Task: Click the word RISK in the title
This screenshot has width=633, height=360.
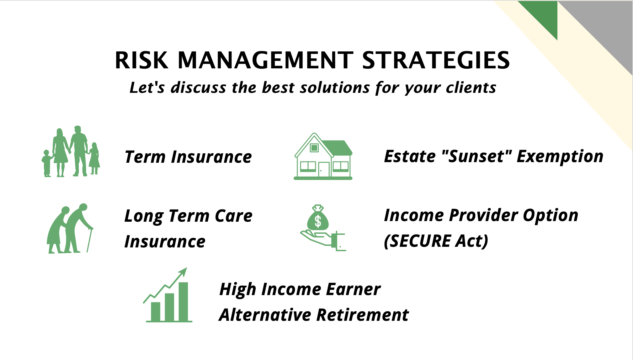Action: tap(141, 60)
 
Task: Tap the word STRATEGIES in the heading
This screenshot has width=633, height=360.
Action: tap(436, 60)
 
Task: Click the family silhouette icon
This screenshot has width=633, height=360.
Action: tap(71, 151)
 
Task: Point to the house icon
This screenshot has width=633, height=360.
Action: tap(323, 156)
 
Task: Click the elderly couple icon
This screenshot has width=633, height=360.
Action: tap(70, 228)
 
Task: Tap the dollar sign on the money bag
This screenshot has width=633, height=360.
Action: tap(318, 221)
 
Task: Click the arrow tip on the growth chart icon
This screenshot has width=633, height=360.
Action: tap(186, 268)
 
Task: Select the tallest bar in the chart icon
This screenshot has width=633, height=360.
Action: tap(183, 302)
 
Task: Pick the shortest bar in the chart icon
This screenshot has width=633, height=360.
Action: tap(156, 311)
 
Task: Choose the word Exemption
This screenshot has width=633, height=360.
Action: tap(560, 156)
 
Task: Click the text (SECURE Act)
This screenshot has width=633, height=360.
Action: tap(436, 241)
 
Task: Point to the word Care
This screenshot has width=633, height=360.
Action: tap(234, 216)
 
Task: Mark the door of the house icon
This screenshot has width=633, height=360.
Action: tap(324, 169)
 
